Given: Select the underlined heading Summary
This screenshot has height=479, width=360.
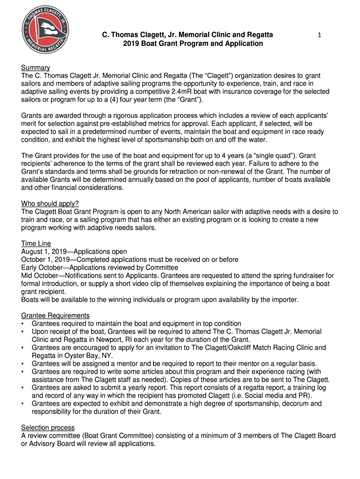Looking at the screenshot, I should [x=36, y=68].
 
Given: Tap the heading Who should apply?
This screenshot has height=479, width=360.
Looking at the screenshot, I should [x=50, y=203].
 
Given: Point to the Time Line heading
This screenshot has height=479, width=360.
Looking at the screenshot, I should [x=36, y=244].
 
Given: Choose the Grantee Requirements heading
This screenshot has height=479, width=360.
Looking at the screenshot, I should [x=56, y=315].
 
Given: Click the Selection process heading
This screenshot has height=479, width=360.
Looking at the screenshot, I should [x=48, y=428].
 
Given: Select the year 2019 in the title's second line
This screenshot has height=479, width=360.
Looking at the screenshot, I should [x=131, y=44].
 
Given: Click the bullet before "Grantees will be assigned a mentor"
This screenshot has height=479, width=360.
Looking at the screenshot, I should [x=23, y=363].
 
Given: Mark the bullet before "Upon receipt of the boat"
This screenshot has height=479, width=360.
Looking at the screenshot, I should [x=23, y=331].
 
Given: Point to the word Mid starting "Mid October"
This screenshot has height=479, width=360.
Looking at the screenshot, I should [x=28, y=276].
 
